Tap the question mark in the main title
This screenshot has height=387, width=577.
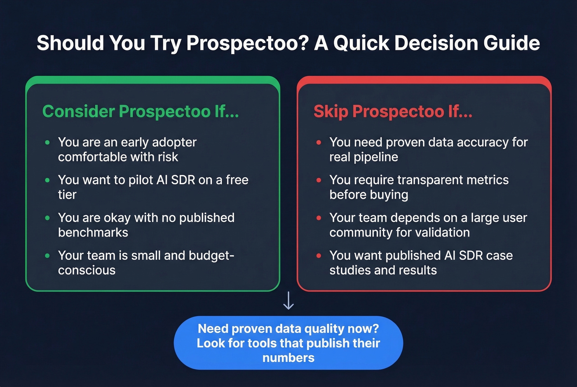click(x=304, y=43)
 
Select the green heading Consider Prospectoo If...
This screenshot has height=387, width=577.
click(x=141, y=111)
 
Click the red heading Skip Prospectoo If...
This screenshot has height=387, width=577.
click(x=393, y=111)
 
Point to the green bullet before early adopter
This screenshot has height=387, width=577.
click(x=47, y=143)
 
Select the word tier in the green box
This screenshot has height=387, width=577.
click(x=67, y=195)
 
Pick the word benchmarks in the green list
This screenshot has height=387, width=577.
click(x=93, y=232)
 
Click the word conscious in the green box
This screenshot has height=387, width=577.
click(x=87, y=270)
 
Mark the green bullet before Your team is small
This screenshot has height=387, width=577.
click(x=47, y=256)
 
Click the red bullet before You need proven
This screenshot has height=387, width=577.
click(x=319, y=143)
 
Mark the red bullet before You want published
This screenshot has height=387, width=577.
click(x=319, y=256)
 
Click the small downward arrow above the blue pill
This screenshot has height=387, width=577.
click(x=288, y=300)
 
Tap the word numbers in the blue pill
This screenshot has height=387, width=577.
click(x=288, y=358)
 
